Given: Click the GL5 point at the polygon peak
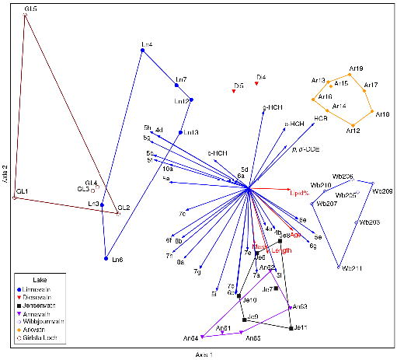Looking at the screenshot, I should click(25, 16).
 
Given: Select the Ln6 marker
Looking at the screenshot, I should click(105, 258).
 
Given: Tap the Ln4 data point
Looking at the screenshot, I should click(141, 51).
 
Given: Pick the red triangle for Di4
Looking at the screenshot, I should click(256, 83).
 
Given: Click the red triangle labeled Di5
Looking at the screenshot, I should click(234, 92).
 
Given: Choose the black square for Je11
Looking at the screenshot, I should click(291, 329).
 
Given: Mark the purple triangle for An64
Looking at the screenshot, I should click(201, 337).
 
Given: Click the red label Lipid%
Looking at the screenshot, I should click(299, 192).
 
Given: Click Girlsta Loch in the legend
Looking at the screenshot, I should click(50, 339).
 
